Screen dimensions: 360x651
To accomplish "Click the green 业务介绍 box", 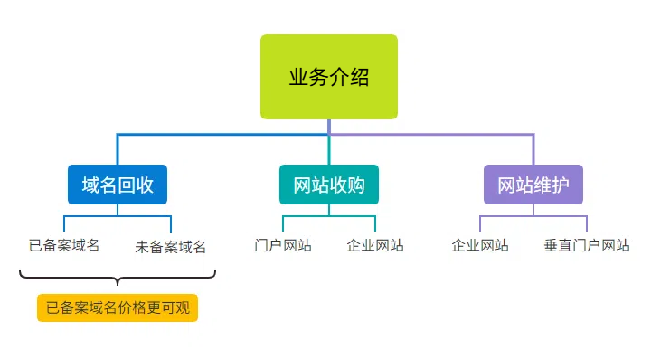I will (329, 77).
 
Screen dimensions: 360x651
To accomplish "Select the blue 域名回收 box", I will (118, 185).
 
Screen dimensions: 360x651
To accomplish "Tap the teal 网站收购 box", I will (329, 185).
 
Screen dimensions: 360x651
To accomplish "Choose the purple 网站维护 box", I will (533, 185).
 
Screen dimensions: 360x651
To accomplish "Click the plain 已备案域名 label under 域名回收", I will (64, 245).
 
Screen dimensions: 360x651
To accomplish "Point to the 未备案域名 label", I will (171, 246).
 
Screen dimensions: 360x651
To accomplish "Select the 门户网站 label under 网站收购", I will (283, 245).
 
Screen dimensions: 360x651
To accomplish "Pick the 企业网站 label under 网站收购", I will (375, 245).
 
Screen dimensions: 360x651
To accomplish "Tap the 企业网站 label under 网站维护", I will (480, 245).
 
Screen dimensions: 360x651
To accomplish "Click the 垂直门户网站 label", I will (587, 245).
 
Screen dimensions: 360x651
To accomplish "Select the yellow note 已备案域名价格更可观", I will (118, 308).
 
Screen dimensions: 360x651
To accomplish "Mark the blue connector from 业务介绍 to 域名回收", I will (181, 135).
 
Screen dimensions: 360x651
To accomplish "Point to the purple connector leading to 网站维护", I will (452, 135).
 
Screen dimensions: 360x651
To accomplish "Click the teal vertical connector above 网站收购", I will (329, 149).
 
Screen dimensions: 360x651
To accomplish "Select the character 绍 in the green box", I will (360, 77).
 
